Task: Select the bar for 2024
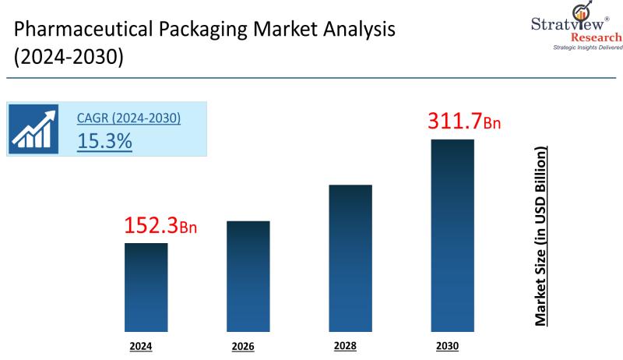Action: pos(146,288)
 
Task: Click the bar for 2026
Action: pos(248,276)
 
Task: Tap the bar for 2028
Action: pos(350,258)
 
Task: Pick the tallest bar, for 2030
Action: pos(452,235)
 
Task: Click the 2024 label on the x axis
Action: pos(141,347)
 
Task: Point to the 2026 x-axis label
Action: pos(243,347)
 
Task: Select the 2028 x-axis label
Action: pos(345,346)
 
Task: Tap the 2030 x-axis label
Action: pos(447,346)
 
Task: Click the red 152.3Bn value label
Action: pos(160,225)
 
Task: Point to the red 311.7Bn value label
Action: pos(464,121)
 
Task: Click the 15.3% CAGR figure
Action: pos(104,141)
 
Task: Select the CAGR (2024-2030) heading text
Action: pos(128,118)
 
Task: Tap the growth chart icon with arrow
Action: pos(33,129)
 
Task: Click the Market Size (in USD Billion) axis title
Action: pos(540,236)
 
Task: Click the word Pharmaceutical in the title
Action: pos(83,29)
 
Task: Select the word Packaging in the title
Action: pos(203,30)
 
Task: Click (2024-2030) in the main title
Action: pos(69,56)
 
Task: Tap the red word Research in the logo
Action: pos(597,37)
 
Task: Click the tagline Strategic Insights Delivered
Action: pos(588,48)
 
